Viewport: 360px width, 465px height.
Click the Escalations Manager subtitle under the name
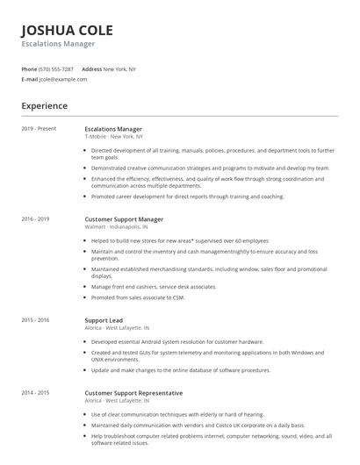58,43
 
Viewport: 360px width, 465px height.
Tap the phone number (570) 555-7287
57,68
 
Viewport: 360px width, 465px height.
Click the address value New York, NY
119,68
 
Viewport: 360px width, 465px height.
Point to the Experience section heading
44,106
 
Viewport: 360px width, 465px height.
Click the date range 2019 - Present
39,129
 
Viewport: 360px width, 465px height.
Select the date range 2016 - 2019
35,218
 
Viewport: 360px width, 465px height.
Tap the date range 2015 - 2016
35,321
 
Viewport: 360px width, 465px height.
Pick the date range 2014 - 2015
35,393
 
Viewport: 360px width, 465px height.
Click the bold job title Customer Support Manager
124,218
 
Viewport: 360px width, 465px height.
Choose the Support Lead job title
104,321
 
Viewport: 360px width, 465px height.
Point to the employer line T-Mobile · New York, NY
113,136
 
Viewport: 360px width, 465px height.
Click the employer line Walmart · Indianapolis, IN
116,225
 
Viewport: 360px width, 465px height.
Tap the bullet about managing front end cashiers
154,286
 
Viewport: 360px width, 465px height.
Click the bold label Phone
29,68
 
